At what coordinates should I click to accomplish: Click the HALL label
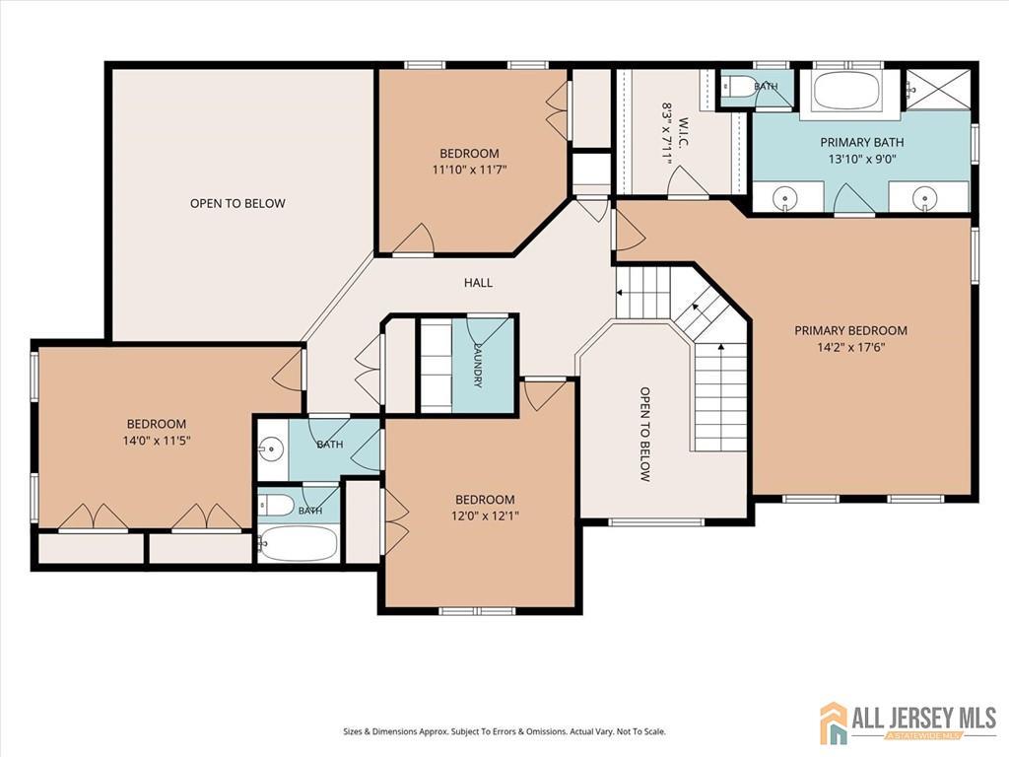point(478,283)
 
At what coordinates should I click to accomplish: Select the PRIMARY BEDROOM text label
point(850,331)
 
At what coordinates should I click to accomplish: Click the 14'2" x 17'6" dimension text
point(850,348)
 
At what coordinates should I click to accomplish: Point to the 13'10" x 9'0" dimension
point(862,159)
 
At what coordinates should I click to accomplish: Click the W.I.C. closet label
point(684,132)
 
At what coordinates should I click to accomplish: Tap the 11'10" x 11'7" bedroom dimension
point(469,170)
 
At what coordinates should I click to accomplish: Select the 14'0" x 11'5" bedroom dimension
point(157,441)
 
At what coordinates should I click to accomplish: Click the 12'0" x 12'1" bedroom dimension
point(485,516)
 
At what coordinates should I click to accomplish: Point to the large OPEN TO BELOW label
point(237,203)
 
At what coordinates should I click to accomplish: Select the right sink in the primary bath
point(925,196)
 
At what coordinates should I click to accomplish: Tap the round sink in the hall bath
point(273,447)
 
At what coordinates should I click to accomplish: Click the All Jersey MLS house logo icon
point(834,723)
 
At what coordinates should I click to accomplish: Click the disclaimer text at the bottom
point(504,731)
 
